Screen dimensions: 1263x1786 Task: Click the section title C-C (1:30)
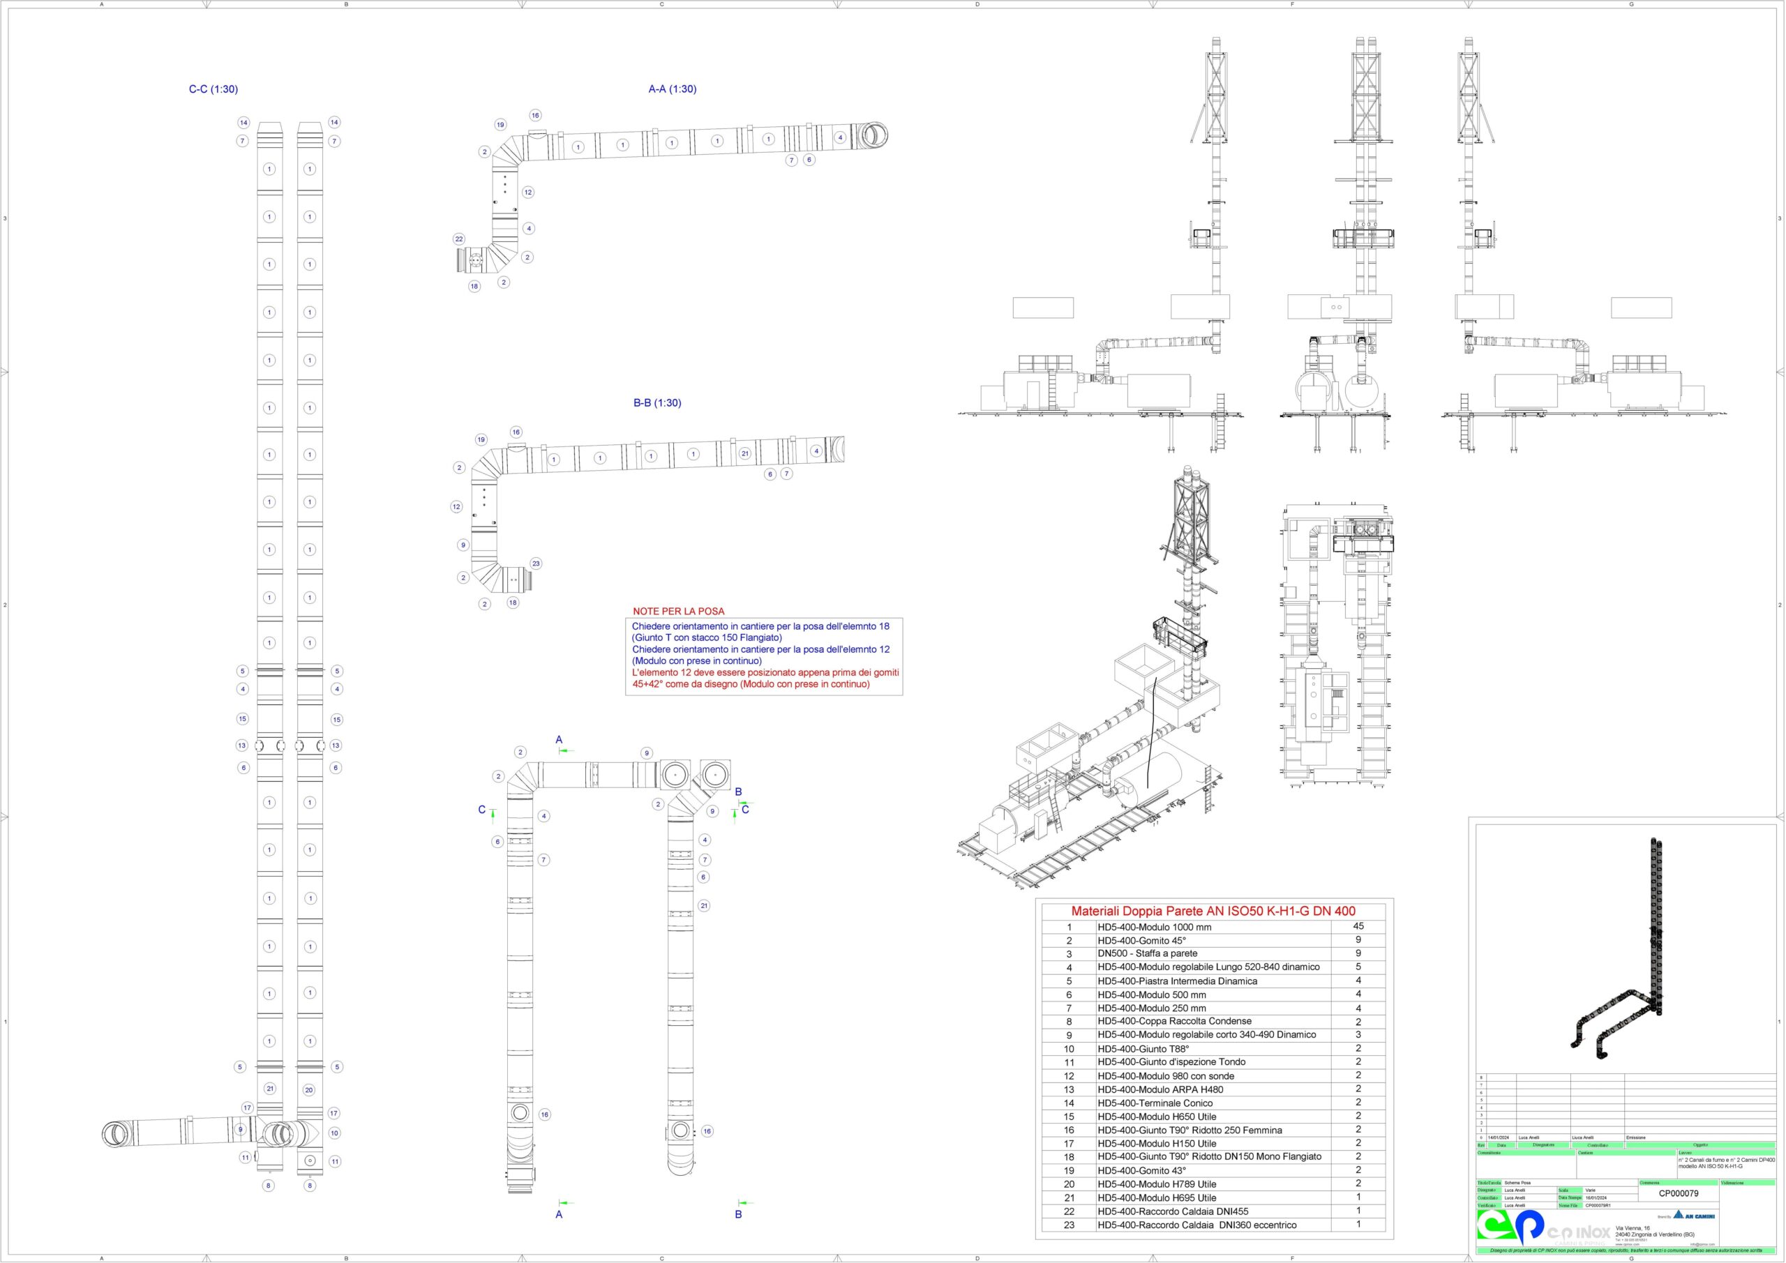[213, 89]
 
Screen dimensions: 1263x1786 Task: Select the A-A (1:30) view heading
[672, 89]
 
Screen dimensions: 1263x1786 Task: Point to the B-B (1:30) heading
[656, 403]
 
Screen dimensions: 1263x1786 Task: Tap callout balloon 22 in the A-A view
[459, 239]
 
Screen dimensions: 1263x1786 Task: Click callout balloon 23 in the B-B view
[536, 563]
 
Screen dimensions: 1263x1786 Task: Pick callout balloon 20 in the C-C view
[309, 1089]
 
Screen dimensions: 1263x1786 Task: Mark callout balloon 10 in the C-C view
[334, 1133]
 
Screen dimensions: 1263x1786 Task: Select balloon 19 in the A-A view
[500, 124]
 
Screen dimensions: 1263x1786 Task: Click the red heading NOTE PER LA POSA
[678, 612]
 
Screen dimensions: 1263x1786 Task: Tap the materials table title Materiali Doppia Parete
[1213, 911]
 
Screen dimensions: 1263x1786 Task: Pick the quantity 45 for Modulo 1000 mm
[1358, 926]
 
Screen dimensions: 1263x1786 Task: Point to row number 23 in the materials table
[1069, 1225]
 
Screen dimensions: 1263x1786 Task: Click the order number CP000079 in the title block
[1679, 1193]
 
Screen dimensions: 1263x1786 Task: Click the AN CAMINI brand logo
[1694, 1216]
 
